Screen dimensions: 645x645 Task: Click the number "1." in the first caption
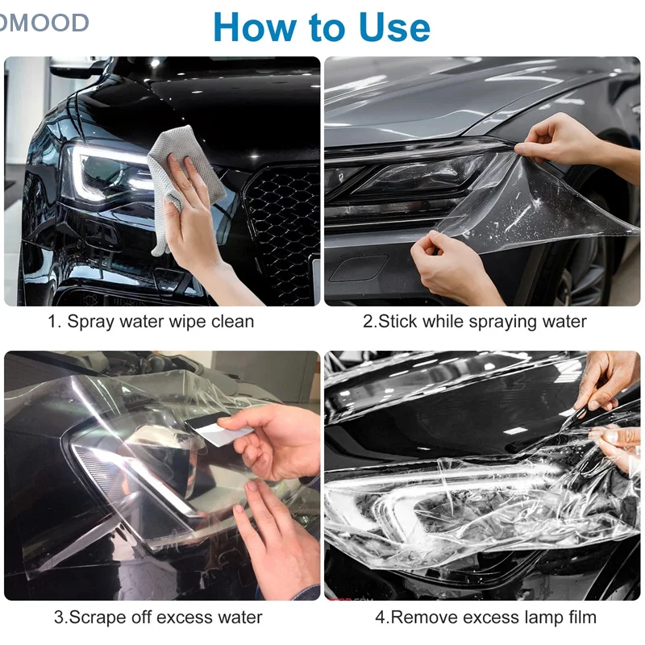point(54,322)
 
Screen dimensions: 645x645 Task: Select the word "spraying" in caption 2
point(502,322)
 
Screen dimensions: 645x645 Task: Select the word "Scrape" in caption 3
point(95,618)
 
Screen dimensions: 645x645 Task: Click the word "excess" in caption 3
point(185,618)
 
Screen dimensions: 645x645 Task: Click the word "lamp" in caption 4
point(532,618)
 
